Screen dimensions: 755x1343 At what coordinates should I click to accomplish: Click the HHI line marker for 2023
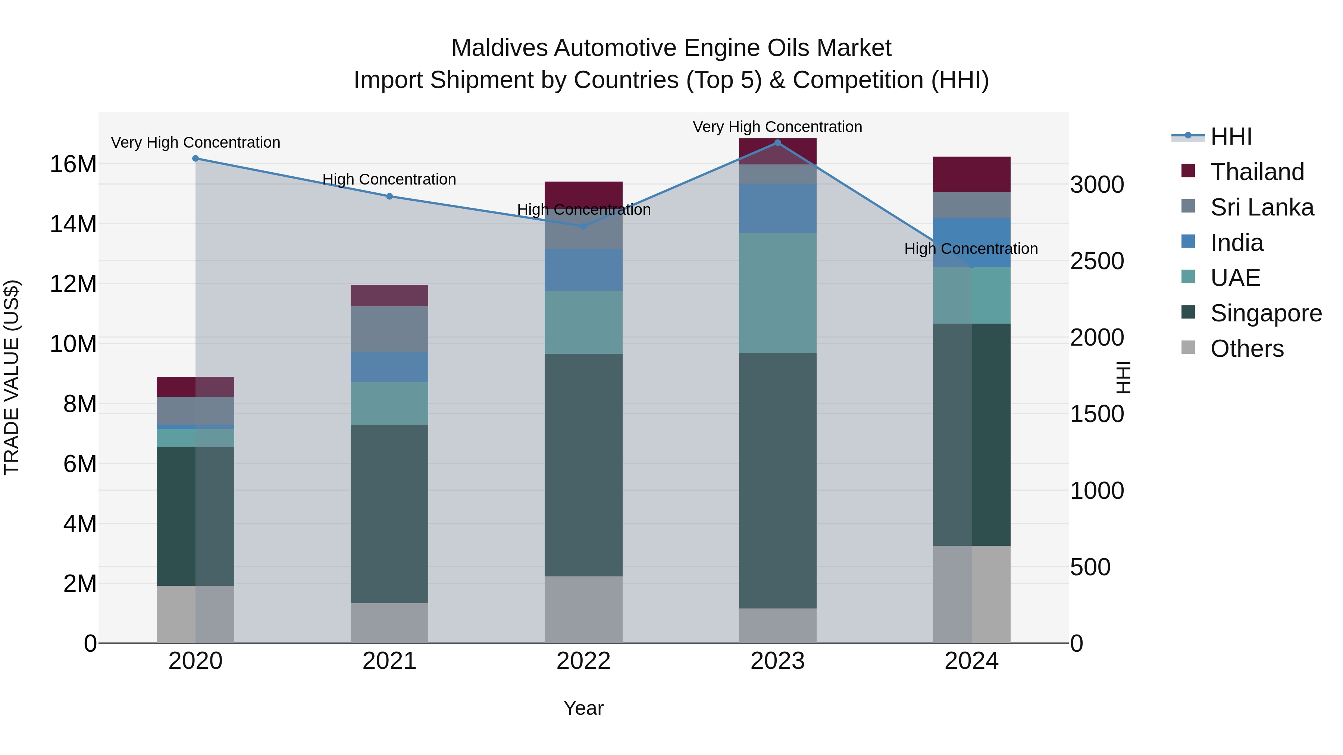tap(777, 142)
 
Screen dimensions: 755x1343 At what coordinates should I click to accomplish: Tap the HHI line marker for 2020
tap(195, 158)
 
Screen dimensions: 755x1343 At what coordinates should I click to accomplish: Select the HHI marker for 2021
tap(389, 196)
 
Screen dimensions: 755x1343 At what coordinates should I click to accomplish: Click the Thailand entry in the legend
tap(1257, 172)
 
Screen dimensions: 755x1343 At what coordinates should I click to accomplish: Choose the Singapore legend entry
tap(1265, 313)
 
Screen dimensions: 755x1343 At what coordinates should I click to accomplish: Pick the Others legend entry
tap(1246, 349)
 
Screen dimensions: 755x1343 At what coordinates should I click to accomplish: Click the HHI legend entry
tap(1230, 136)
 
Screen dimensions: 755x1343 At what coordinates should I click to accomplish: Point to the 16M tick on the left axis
tap(73, 164)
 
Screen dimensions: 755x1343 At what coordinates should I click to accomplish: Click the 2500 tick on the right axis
tap(1097, 261)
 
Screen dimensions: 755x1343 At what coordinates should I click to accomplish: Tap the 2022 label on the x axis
tap(583, 661)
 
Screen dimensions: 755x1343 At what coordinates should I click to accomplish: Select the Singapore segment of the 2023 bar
tap(777, 481)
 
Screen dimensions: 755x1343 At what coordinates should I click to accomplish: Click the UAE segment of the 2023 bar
tap(777, 292)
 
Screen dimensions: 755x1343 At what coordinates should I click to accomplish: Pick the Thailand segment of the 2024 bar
tap(971, 174)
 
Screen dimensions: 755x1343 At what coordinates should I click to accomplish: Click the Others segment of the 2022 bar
tap(583, 609)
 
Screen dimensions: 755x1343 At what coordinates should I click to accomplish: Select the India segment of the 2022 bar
tap(583, 270)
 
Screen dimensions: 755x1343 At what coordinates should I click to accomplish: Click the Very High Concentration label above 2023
tap(777, 127)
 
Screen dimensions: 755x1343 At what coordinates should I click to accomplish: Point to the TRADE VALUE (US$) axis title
tap(12, 377)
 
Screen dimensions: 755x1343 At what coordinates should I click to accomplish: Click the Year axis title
tap(583, 708)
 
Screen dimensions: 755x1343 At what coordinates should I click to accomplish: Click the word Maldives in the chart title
tap(499, 48)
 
